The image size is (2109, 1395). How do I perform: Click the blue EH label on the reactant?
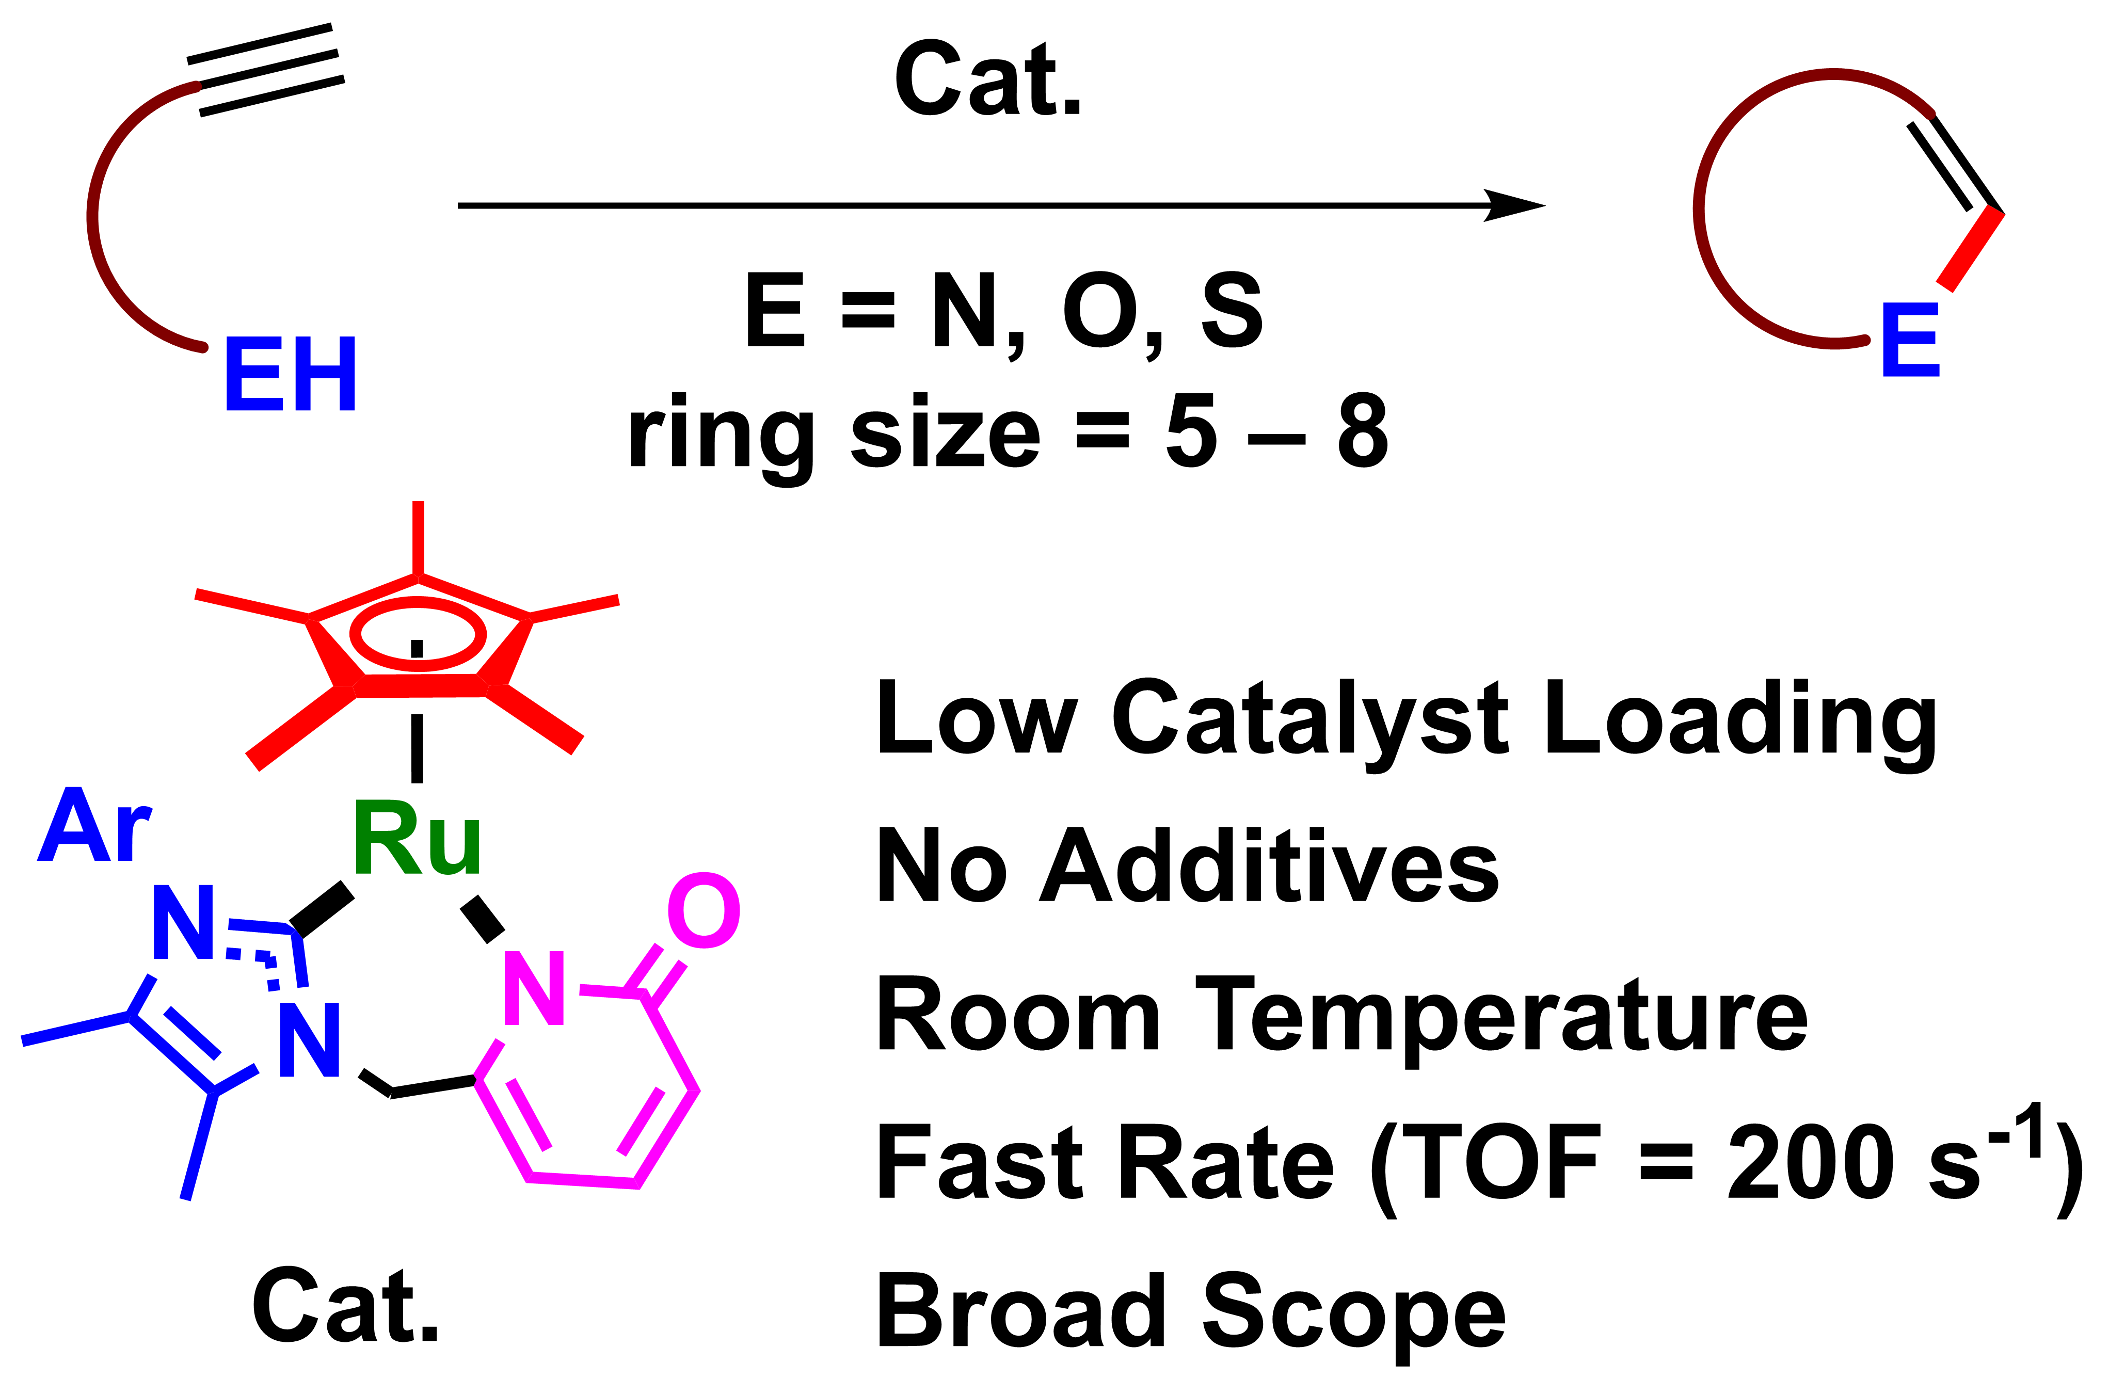pos(290,374)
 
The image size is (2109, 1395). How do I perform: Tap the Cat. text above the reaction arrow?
pos(987,80)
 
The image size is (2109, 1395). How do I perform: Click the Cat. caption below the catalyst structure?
pos(345,1306)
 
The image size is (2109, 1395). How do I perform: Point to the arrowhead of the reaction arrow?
pos(1516,205)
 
